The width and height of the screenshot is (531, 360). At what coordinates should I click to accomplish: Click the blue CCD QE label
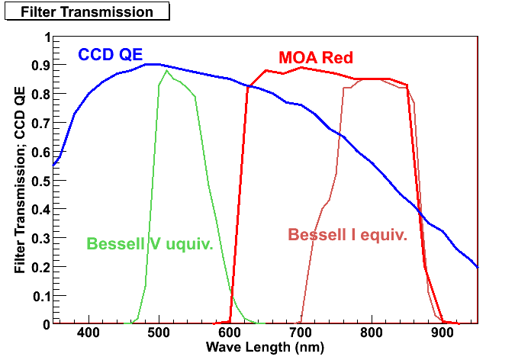(110, 54)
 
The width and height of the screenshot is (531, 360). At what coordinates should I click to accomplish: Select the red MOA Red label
(316, 57)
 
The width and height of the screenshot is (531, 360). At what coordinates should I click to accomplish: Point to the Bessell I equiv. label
(347, 234)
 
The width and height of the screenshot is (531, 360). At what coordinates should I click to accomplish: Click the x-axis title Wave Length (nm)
(265, 347)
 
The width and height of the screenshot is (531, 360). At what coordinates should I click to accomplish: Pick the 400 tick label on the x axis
(88, 333)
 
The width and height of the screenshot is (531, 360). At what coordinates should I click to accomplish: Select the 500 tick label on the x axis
(159, 333)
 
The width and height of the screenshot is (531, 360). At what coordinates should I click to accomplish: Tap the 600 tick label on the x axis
(230, 333)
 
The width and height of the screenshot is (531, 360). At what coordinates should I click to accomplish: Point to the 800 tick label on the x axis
(371, 333)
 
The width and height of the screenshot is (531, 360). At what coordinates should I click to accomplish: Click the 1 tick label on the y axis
(47, 37)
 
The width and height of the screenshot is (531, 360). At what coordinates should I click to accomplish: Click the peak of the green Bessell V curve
(166, 70)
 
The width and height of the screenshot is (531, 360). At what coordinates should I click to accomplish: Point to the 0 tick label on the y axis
(47, 323)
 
